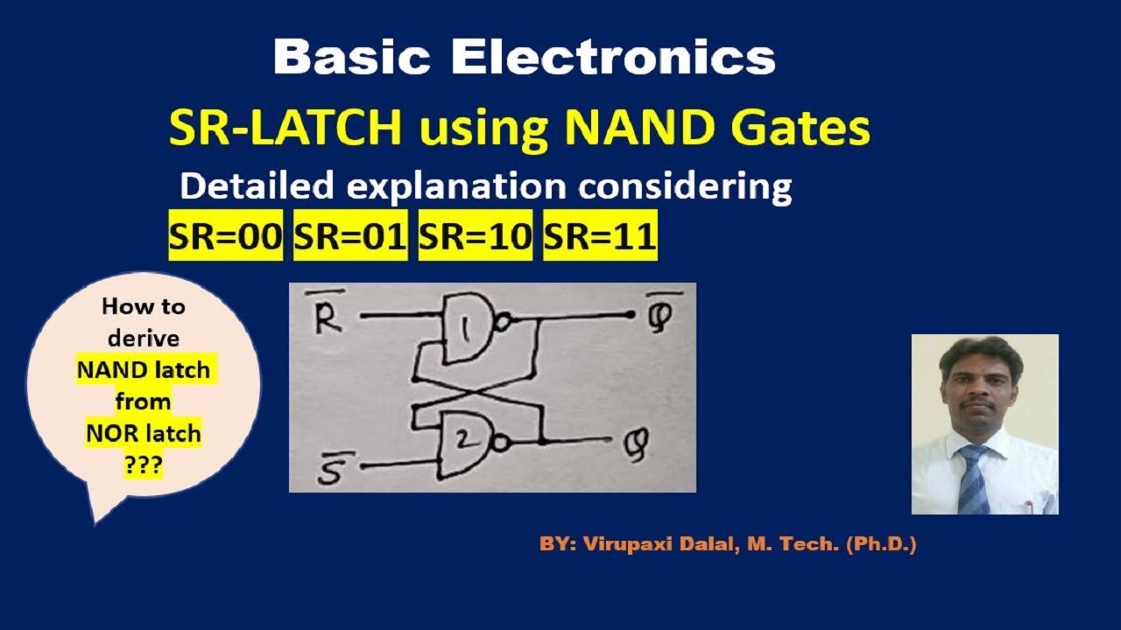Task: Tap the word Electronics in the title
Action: [x=613, y=58]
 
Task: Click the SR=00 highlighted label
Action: [x=226, y=238]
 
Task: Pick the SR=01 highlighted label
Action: [x=350, y=238]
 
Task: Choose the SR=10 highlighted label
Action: [x=476, y=238]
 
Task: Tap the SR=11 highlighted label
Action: [x=600, y=238]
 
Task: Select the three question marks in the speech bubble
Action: [x=143, y=465]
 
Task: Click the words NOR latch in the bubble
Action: [x=143, y=433]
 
